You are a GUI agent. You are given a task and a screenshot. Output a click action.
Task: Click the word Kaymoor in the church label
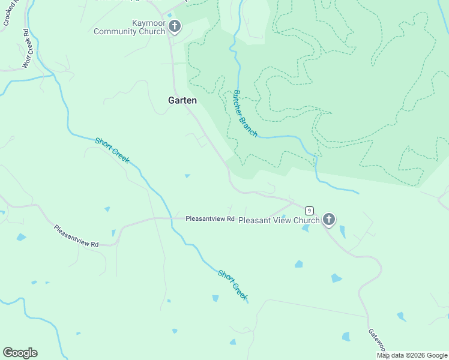[148, 23]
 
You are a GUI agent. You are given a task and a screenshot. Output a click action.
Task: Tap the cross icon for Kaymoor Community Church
[175, 26]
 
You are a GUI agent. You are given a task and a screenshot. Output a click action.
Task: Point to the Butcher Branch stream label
[246, 114]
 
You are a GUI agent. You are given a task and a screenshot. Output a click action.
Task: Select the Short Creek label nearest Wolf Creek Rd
[112, 150]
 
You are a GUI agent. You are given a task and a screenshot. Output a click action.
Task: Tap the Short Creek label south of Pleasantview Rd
[233, 285]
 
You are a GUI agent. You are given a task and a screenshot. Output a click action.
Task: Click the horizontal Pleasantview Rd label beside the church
[209, 219]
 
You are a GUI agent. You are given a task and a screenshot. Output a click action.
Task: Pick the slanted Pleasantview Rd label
[76, 236]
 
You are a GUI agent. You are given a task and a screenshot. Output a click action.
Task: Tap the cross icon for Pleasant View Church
[328, 220]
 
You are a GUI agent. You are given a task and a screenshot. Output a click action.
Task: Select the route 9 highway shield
[309, 211]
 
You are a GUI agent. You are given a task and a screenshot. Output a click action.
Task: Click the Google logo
[20, 353]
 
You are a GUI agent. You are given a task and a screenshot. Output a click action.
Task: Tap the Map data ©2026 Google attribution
[412, 355]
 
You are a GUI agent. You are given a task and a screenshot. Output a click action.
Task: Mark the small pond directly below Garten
[187, 176]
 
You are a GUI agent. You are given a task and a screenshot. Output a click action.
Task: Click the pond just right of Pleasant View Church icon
[342, 231]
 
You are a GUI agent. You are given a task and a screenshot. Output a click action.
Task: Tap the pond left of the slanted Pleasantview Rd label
[21, 237]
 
